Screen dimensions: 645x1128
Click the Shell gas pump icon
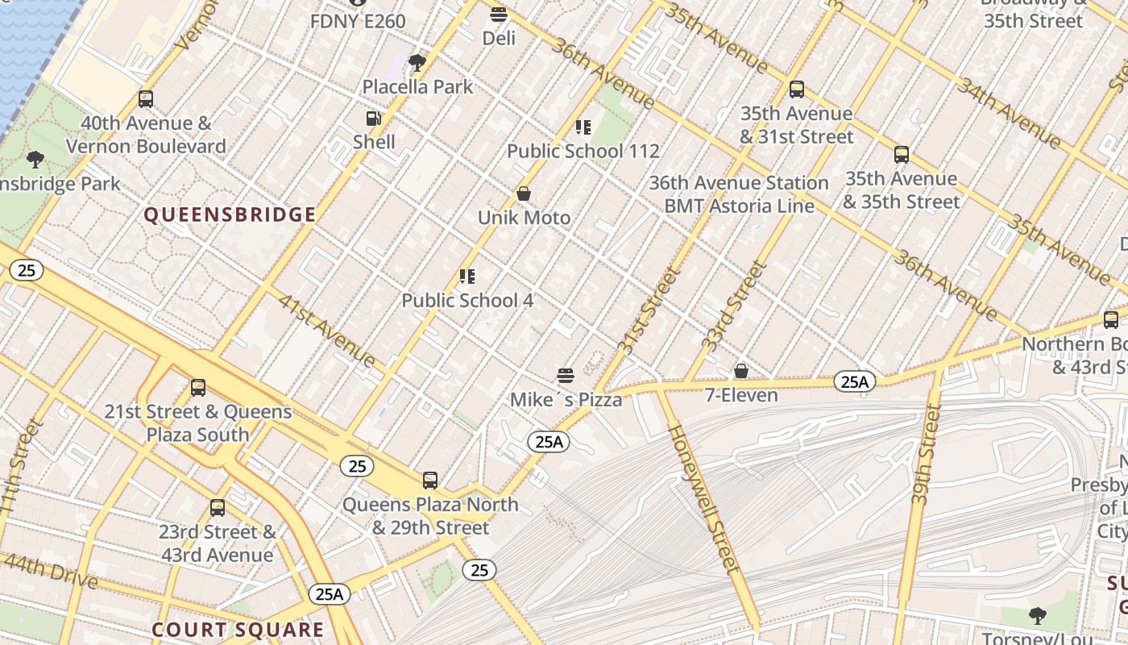tap(373, 119)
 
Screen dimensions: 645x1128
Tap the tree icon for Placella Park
tap(417, 63)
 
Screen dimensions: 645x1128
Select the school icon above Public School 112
tap(583, 127)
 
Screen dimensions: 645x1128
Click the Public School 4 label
tap(467, 301)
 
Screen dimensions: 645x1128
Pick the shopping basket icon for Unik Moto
tap(523, 194)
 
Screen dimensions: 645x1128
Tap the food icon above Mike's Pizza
tap(566, 376)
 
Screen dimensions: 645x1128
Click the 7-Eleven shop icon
tap(740, 372)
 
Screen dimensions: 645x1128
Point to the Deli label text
tap(499, 38)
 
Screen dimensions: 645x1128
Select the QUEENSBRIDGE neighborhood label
tap(230, 215)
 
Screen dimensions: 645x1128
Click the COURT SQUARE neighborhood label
tap(238, 630)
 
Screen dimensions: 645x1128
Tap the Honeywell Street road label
tap(703, 497)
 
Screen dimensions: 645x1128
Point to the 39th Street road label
tap(927, 456)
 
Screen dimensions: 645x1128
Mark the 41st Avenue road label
tap(326, 329)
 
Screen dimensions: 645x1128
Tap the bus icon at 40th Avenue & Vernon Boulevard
tap(146, 99)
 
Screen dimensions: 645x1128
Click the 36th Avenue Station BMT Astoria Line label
tap(739, 194)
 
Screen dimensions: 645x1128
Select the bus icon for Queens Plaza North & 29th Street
tap(430, 481)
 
